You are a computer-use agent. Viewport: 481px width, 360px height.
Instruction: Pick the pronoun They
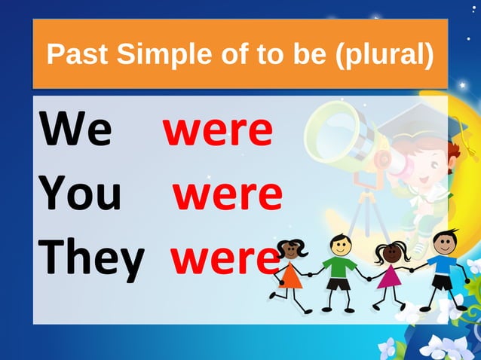click(92, 258)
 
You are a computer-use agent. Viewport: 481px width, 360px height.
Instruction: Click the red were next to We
click(218, 130)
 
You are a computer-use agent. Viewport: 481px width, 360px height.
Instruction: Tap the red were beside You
click(228, 194)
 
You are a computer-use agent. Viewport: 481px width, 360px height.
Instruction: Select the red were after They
click(224, 258)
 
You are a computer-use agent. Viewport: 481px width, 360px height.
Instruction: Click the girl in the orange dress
click(290, 271)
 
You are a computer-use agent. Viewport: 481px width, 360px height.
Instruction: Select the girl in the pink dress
click(391, 271)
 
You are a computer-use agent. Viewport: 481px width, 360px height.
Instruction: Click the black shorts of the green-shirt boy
click(339, 284)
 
